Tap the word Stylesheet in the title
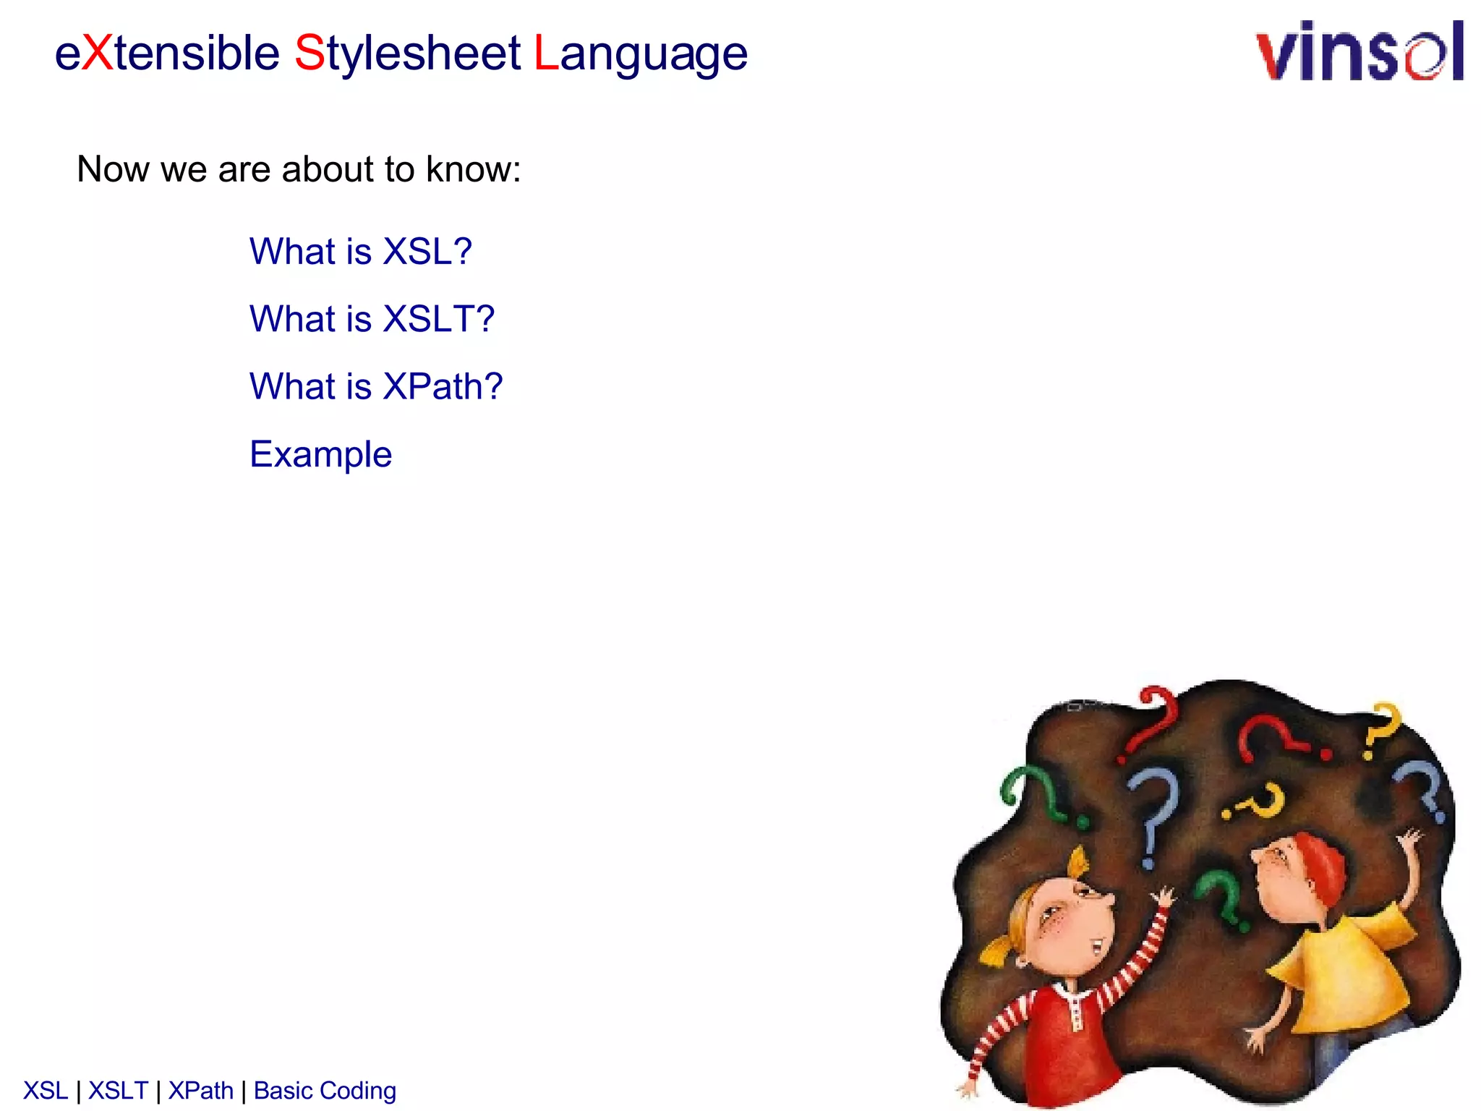click(407, 54)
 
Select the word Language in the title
click(641, 54)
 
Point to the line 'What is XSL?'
click(360, 252)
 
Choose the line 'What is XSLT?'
click(372, 319)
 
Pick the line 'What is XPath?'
click(376, 386)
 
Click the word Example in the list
click(320, 454)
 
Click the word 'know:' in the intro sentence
click(473, 169)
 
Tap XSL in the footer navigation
click(46, 1091)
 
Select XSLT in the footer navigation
click(118, 1091)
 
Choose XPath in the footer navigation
click(201, 1091)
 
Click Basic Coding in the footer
click(325, 1091)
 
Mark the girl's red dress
click(1063, 1042)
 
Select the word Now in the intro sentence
click(113, 169)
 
